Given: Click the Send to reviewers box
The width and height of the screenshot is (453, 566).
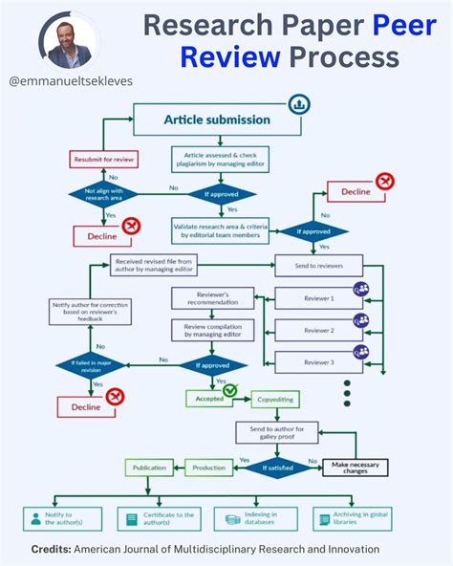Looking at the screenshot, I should click(319, 265).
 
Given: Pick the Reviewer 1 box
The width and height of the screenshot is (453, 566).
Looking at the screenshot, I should click(319, 298).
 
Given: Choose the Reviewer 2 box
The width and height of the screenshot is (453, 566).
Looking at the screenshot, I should click(319, 330).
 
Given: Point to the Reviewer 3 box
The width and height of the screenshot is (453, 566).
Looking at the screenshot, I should click(319, 362).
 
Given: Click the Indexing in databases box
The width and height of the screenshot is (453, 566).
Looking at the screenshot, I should click(251, 519).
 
